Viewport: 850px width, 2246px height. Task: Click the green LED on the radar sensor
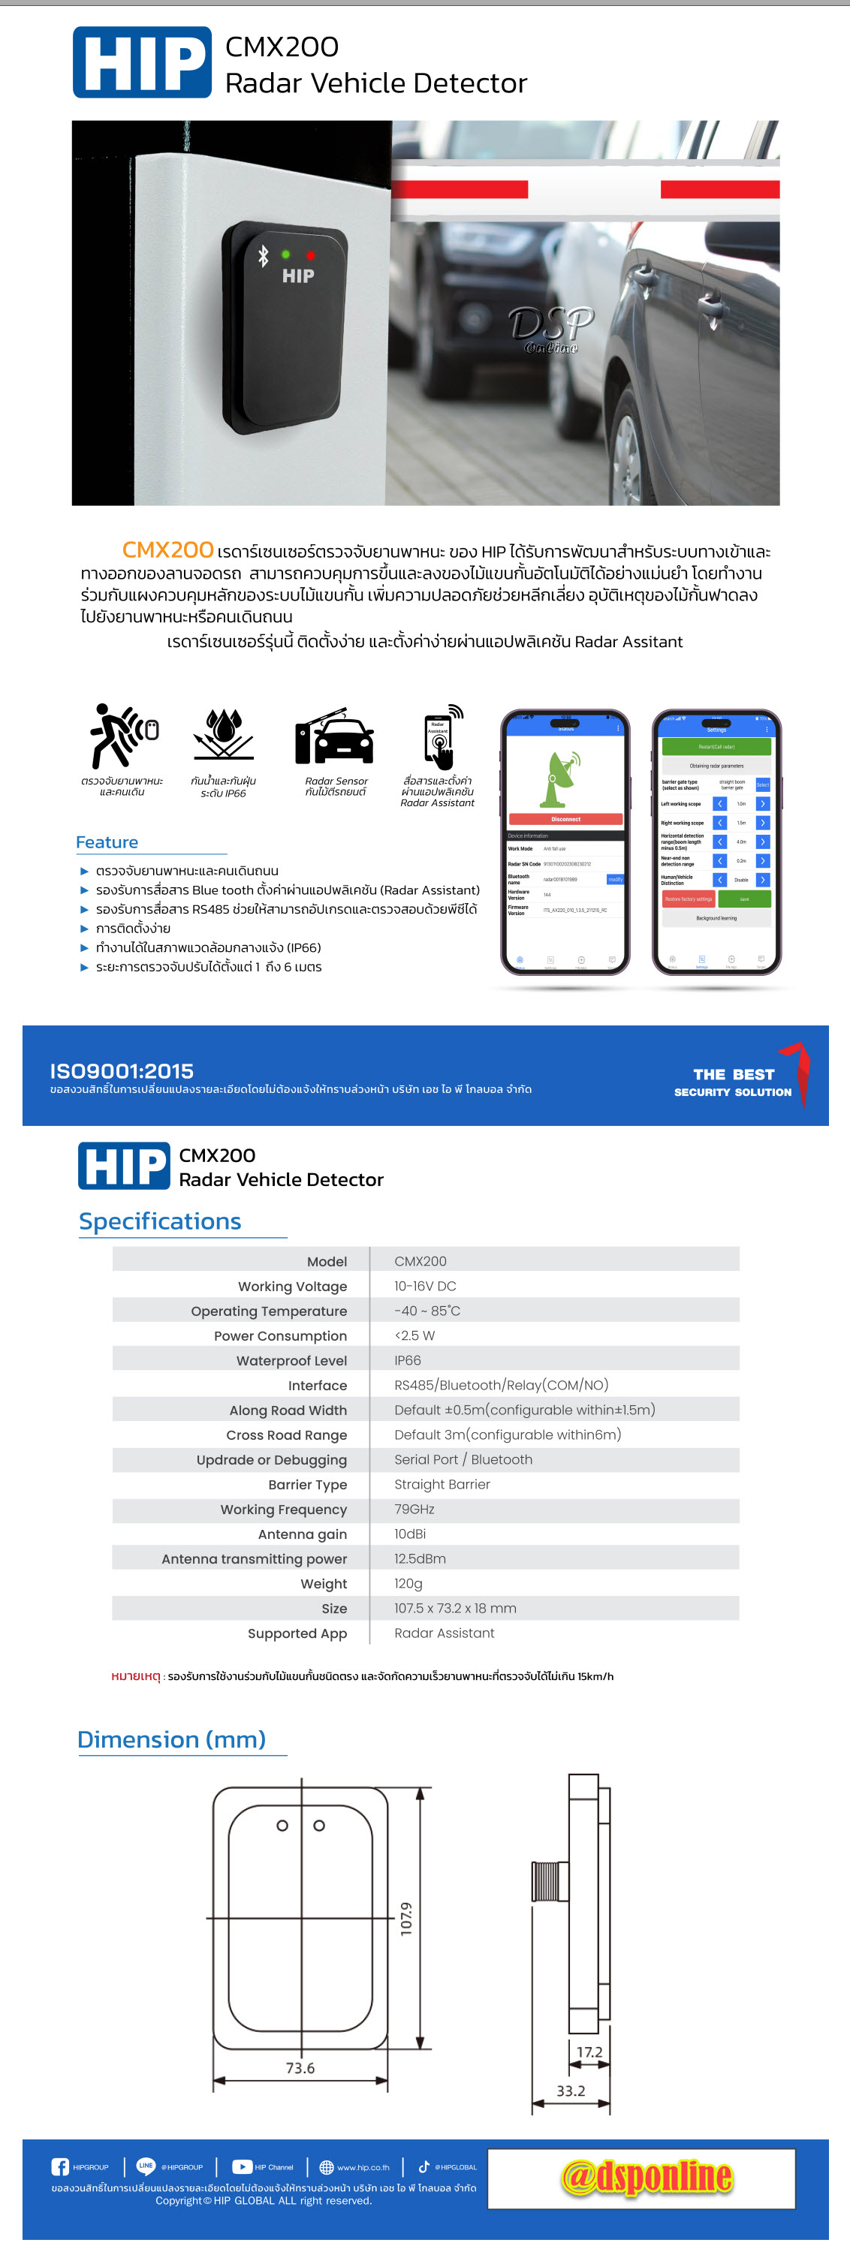coord(286,254)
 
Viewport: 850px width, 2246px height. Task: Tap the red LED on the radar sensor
coord(310,255)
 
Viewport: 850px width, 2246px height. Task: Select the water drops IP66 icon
coord(223,734)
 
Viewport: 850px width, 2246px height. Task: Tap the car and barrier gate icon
coord(335,736)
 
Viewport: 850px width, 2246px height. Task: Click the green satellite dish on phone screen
coord(562,778)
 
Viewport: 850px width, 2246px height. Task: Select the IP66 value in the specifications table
coord(407,1359)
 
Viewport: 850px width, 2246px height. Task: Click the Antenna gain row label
coord(302,1534)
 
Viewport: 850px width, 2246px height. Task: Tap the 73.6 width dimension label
coord(300,2067)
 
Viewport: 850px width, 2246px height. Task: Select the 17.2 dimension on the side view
coord(589,2052)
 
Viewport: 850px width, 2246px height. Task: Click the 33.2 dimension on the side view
coord(571,2090)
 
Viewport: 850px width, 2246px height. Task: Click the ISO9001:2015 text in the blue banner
coord(122,1070)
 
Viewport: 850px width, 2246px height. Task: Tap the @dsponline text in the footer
coord(646,2176)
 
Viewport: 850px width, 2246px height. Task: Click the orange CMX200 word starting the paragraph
coord(167,549)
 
